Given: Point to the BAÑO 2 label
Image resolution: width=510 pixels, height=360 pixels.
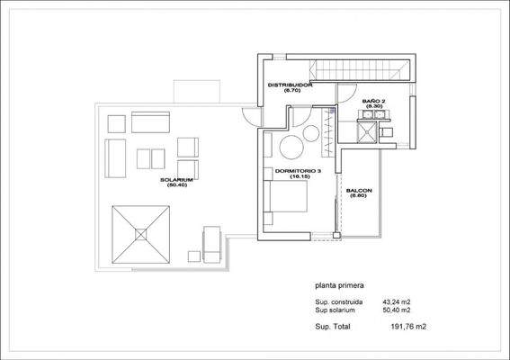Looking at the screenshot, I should coord(374,100).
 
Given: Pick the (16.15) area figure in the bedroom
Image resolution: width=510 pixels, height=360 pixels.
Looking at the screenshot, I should coord(299,177).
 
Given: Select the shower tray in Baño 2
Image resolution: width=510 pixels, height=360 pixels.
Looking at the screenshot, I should coord(366,133).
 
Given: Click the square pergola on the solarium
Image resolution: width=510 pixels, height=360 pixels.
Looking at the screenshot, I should coord(140,233).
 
